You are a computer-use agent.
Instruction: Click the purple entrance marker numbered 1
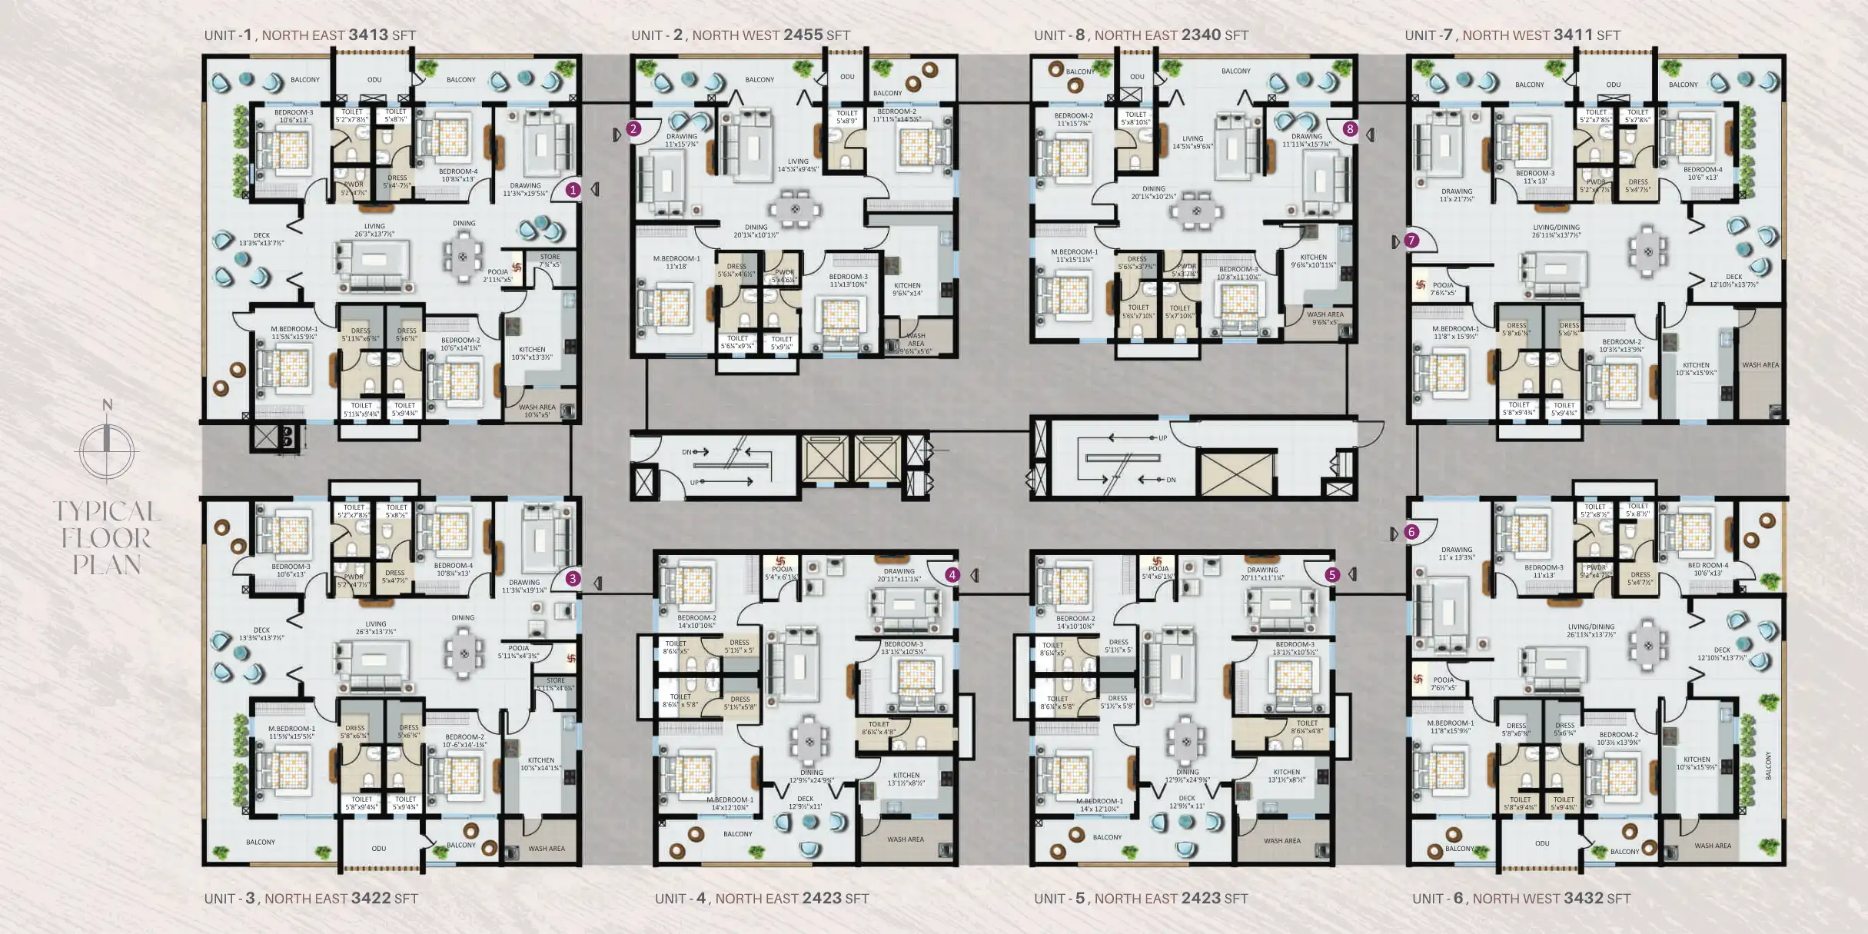coord(573,189)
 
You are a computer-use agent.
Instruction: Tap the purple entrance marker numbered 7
coord(1411,241)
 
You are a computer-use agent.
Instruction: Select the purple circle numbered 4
coord(952,574)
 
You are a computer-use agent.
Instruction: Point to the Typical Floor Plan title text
coord(107,538)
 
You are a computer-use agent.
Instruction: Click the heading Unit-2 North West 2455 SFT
coord(740,35)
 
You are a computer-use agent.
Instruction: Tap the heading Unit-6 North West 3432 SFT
coord(1521,898)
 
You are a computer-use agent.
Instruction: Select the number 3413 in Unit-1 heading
coord(368,35)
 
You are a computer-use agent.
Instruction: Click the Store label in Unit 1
coord(550,258)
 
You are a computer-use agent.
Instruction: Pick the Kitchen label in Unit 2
coord(907,285)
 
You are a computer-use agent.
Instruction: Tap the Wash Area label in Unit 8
coord(1325,314)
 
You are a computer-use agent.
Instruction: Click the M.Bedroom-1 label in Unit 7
coord(1455,329)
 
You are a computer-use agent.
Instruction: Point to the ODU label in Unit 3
coord(379,849)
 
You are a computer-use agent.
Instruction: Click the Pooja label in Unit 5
coord(1158,569)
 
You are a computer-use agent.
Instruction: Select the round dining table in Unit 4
coord(809,742)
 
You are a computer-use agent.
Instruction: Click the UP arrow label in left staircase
coord(694,483)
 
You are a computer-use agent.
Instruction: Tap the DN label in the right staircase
coord(1171,480)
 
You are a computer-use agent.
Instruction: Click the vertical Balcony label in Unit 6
coord(1768,766)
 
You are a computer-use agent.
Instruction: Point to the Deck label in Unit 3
coord(261,630)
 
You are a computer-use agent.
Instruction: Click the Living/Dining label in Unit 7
coord(1556,228)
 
